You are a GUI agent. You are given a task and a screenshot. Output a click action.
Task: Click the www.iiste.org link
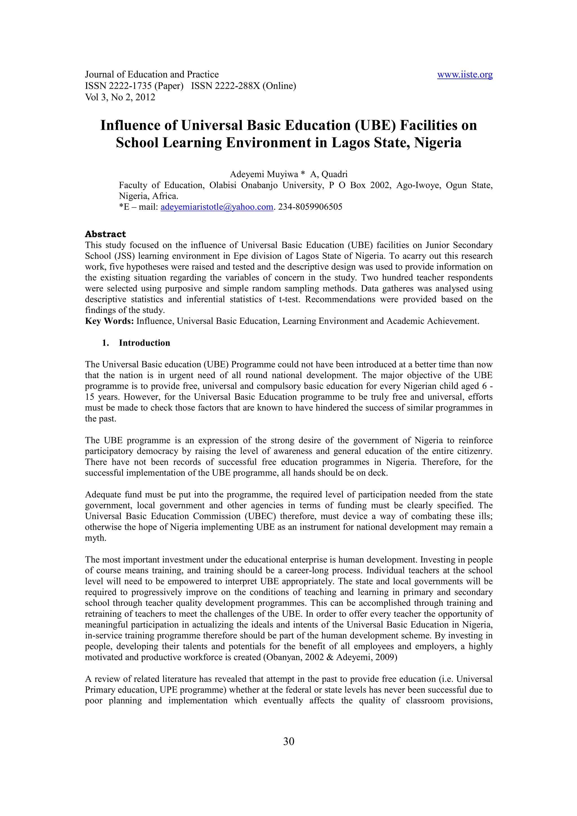click(x=464, y=75)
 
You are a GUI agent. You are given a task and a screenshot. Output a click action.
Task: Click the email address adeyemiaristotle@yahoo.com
click(x=216, y=207)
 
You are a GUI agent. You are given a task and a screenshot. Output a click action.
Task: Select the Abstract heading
click(x=105, y=234)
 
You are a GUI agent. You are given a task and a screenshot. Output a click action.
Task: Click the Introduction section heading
click(x=144, y=343)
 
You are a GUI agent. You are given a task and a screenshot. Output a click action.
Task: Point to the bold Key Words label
click(x=109, y=321)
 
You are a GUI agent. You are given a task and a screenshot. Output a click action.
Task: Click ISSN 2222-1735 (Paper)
click(x=134, y=86)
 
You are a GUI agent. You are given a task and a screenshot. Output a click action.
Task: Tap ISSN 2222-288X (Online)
click(x=243, y=86)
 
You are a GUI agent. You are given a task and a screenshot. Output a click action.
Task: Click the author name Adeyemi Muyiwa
click(x=264, y=174)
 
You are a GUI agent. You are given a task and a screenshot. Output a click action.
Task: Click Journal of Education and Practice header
click(x=152, y=75)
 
